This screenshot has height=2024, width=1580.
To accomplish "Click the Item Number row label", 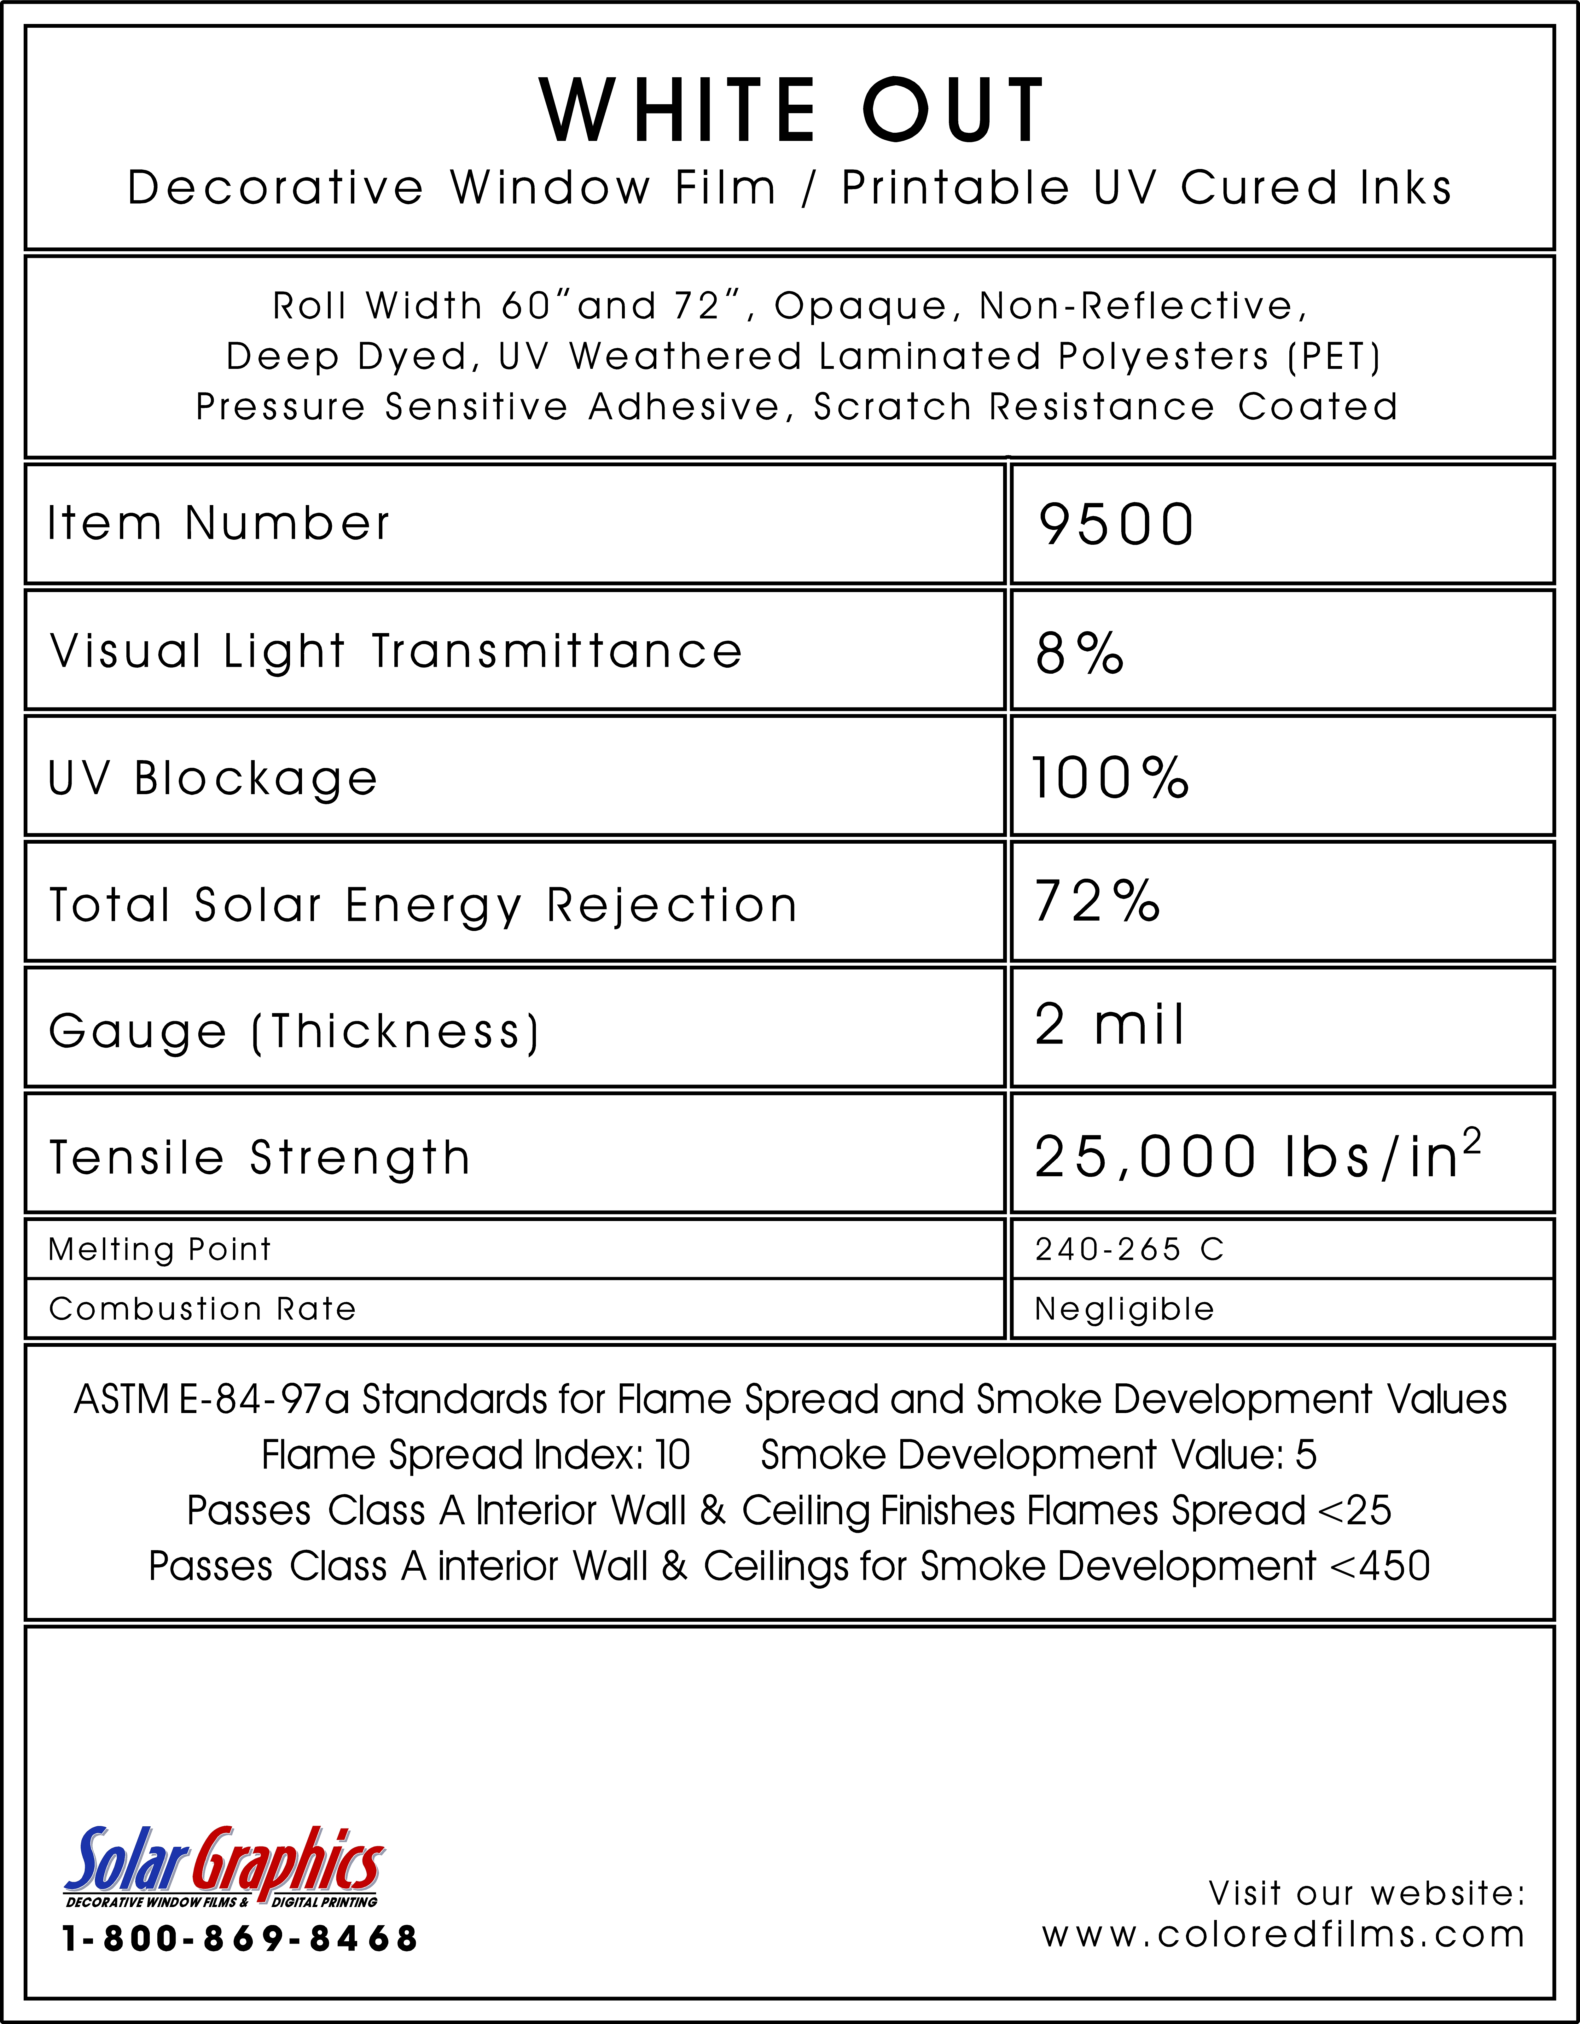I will [219, 524].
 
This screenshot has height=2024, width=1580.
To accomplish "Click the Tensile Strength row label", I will [259, 1158].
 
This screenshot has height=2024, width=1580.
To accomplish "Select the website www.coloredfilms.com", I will [1283, 1935].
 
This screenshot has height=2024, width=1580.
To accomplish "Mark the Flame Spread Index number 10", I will [673, 1455].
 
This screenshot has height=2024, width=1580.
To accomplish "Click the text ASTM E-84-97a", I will [211, 1399].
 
